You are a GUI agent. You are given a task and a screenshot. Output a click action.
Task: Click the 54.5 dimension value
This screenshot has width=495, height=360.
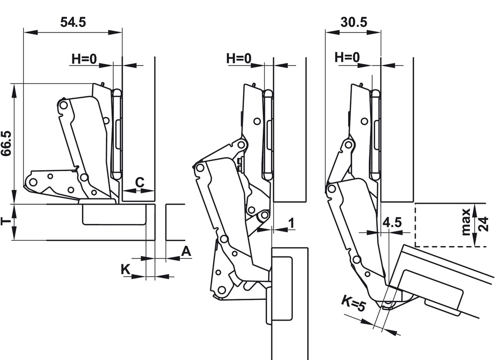[73, 22]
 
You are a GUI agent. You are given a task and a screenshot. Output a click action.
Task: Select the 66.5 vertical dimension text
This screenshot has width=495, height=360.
[6, 144]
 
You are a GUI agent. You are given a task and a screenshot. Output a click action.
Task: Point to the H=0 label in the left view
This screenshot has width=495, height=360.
[84, 58]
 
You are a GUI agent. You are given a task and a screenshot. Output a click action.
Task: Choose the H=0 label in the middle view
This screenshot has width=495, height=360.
[239, 58]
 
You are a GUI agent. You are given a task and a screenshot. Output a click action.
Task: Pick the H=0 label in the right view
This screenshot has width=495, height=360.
[347, 58]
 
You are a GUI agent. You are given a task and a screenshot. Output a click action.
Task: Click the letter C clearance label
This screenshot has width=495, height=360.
[140, 182]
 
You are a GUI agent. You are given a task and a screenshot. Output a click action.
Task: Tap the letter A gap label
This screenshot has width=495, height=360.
[186, 252]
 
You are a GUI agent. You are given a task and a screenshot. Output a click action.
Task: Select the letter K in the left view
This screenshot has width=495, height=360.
[126, 269]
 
